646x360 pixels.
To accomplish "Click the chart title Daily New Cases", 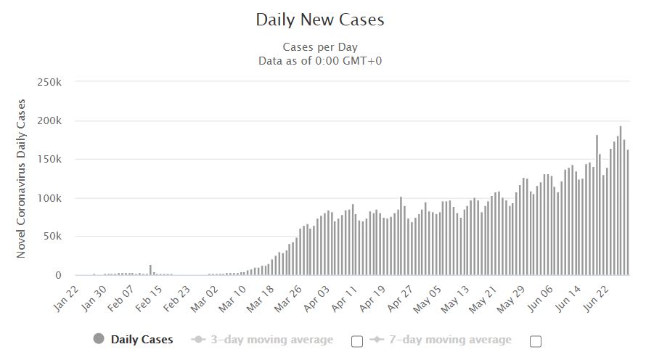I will point(320,20).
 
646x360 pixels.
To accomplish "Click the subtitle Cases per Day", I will point(320,47).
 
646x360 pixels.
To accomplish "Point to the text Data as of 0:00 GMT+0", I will point(320,60).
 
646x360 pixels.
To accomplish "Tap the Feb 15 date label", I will point(150,298).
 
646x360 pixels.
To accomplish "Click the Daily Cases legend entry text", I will point(142,339).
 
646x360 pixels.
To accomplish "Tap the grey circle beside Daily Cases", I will point(99,339).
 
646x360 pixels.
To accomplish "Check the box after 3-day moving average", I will point(356,340).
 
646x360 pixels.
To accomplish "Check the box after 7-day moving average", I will point(536,340).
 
